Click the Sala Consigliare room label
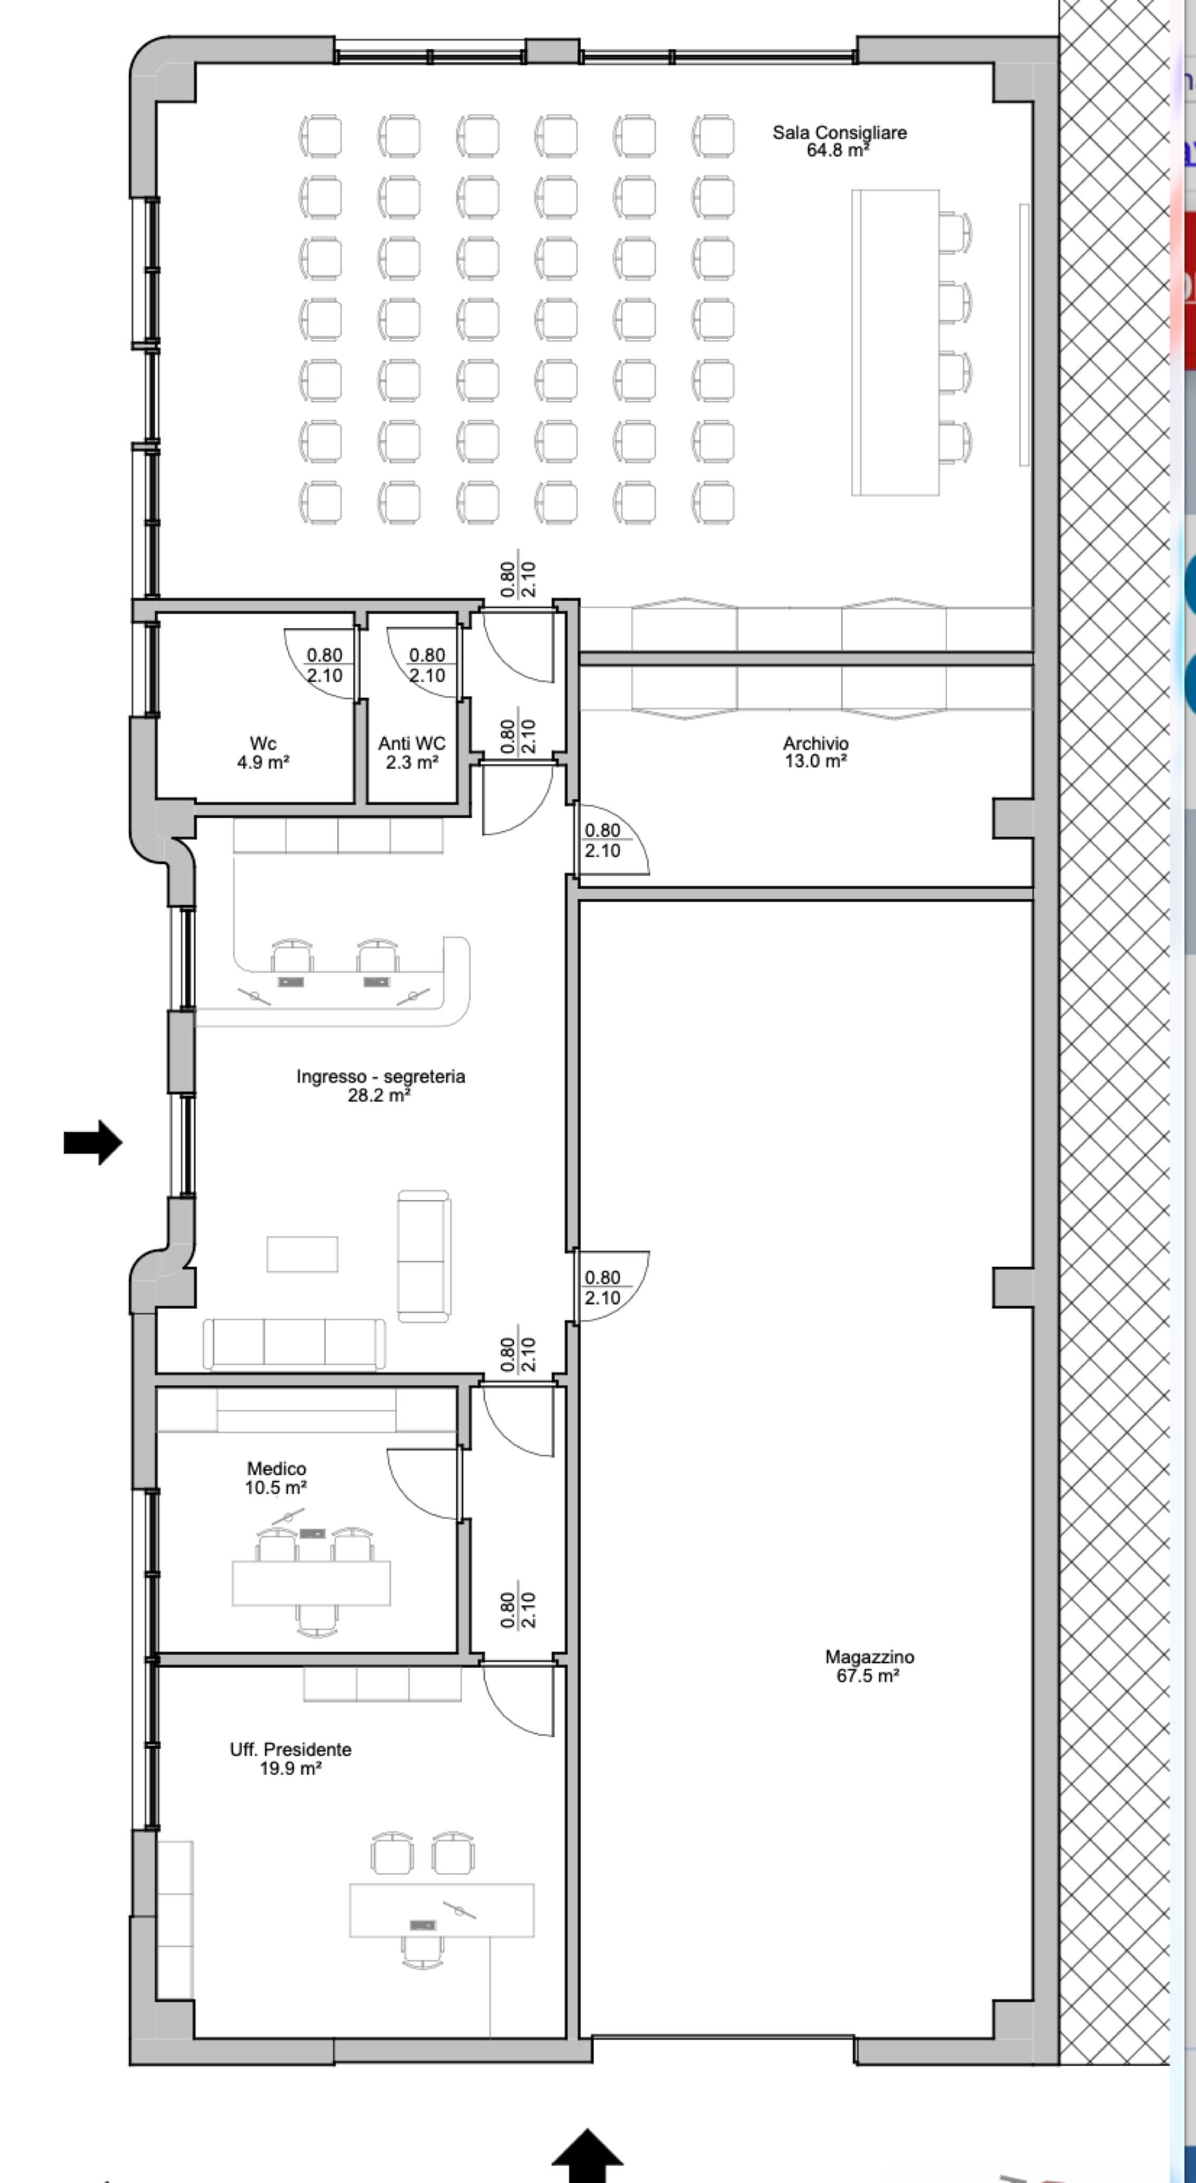click(839, 141)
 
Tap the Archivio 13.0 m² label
click(815, 752)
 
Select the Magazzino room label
click(869, 1666)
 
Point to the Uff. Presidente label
click(290, 1758)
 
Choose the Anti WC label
click(412, 752)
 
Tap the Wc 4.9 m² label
click(263, 752)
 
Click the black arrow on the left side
click(93, 1142)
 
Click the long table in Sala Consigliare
click(895, 342)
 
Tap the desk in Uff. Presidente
click(442, 1910)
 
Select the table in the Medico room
click(311, 1582)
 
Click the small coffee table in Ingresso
click(302, 1254)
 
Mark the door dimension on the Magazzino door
click(603, 1287)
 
